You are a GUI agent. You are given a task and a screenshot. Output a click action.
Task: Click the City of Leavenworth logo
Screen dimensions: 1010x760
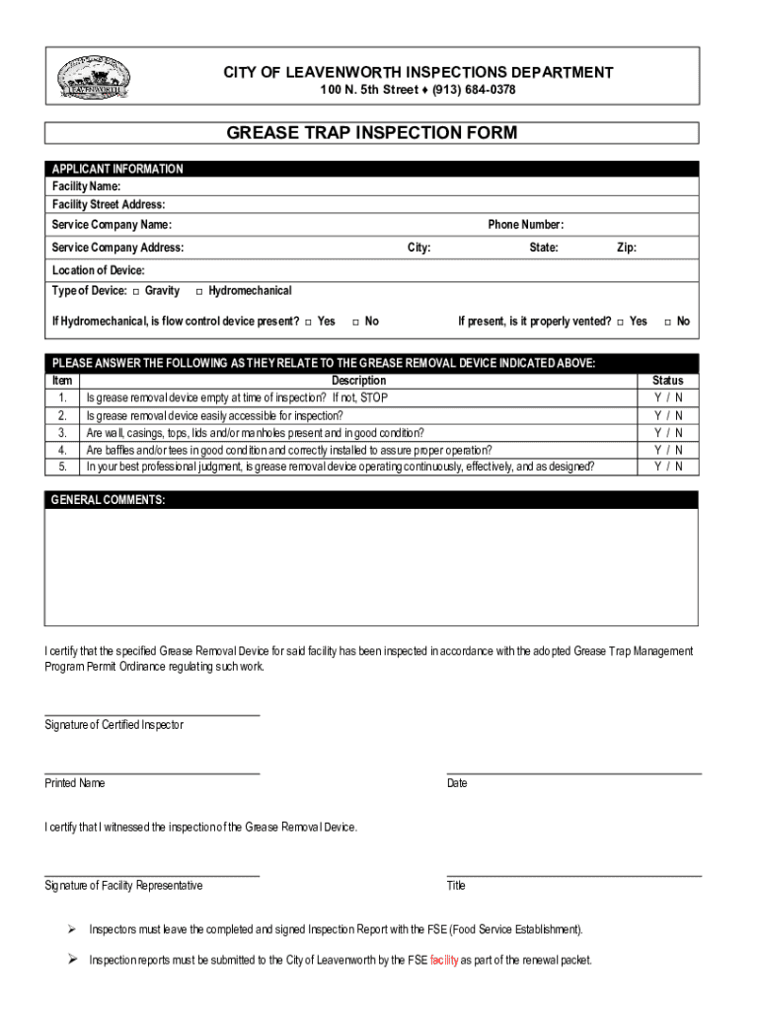click(94, 77)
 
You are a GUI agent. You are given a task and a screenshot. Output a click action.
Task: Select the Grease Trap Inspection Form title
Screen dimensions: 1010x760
click(371, 133)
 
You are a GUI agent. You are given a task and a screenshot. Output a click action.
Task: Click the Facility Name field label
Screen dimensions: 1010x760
click(86, 186)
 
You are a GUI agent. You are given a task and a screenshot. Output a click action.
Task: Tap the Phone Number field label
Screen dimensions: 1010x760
click(525, 225)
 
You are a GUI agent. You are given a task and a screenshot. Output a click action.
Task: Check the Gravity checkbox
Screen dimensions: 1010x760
click(136, 291)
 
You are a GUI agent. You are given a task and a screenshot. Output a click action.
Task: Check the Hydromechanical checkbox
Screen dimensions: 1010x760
click(199, 291)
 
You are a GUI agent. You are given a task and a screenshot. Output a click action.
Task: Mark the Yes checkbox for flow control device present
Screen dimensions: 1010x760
click(309, 322)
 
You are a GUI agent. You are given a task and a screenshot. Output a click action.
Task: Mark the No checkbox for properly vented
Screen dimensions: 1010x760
click(667, 322)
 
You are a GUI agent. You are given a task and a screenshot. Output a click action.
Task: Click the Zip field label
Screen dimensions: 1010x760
click(626, 248)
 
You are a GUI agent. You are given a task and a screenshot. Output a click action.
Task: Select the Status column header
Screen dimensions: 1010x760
click(667, 381)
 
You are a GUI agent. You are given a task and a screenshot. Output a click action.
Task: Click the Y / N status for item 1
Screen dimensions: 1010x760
click(667, 397)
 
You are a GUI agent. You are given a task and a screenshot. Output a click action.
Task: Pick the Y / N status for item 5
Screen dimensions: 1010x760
click(667, 467)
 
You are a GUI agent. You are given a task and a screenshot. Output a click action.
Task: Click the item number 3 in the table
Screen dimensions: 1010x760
click(62, 432)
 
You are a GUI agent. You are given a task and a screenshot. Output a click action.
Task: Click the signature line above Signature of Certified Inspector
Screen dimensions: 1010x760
click(152, 714)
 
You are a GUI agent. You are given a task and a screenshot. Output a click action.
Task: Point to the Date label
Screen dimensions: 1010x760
click(457, 783)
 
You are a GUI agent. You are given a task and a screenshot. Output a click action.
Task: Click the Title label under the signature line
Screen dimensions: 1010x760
click(456, 886)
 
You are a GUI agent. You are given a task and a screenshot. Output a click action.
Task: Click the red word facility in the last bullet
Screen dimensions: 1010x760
click(444, 960)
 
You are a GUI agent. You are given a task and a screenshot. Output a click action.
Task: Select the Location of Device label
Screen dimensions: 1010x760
click(98, 270)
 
